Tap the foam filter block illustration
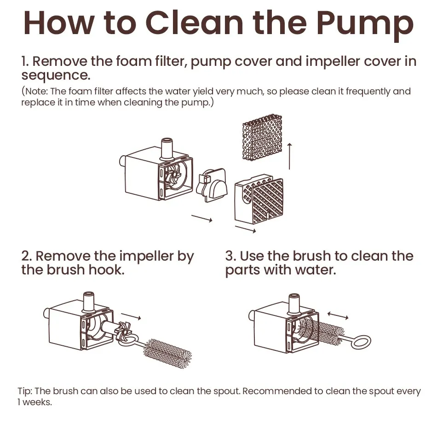[262, 137]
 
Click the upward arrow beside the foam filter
[289, 156]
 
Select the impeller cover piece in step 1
[212, 184]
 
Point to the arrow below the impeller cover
[202, 218]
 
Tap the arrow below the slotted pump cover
[245, 229]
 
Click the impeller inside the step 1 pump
[173, 176]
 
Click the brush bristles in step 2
[167, 354]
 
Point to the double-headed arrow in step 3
[338, 315]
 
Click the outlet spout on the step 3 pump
[294, 303]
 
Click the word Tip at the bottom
[25, 391]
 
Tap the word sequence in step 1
[56, 76]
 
